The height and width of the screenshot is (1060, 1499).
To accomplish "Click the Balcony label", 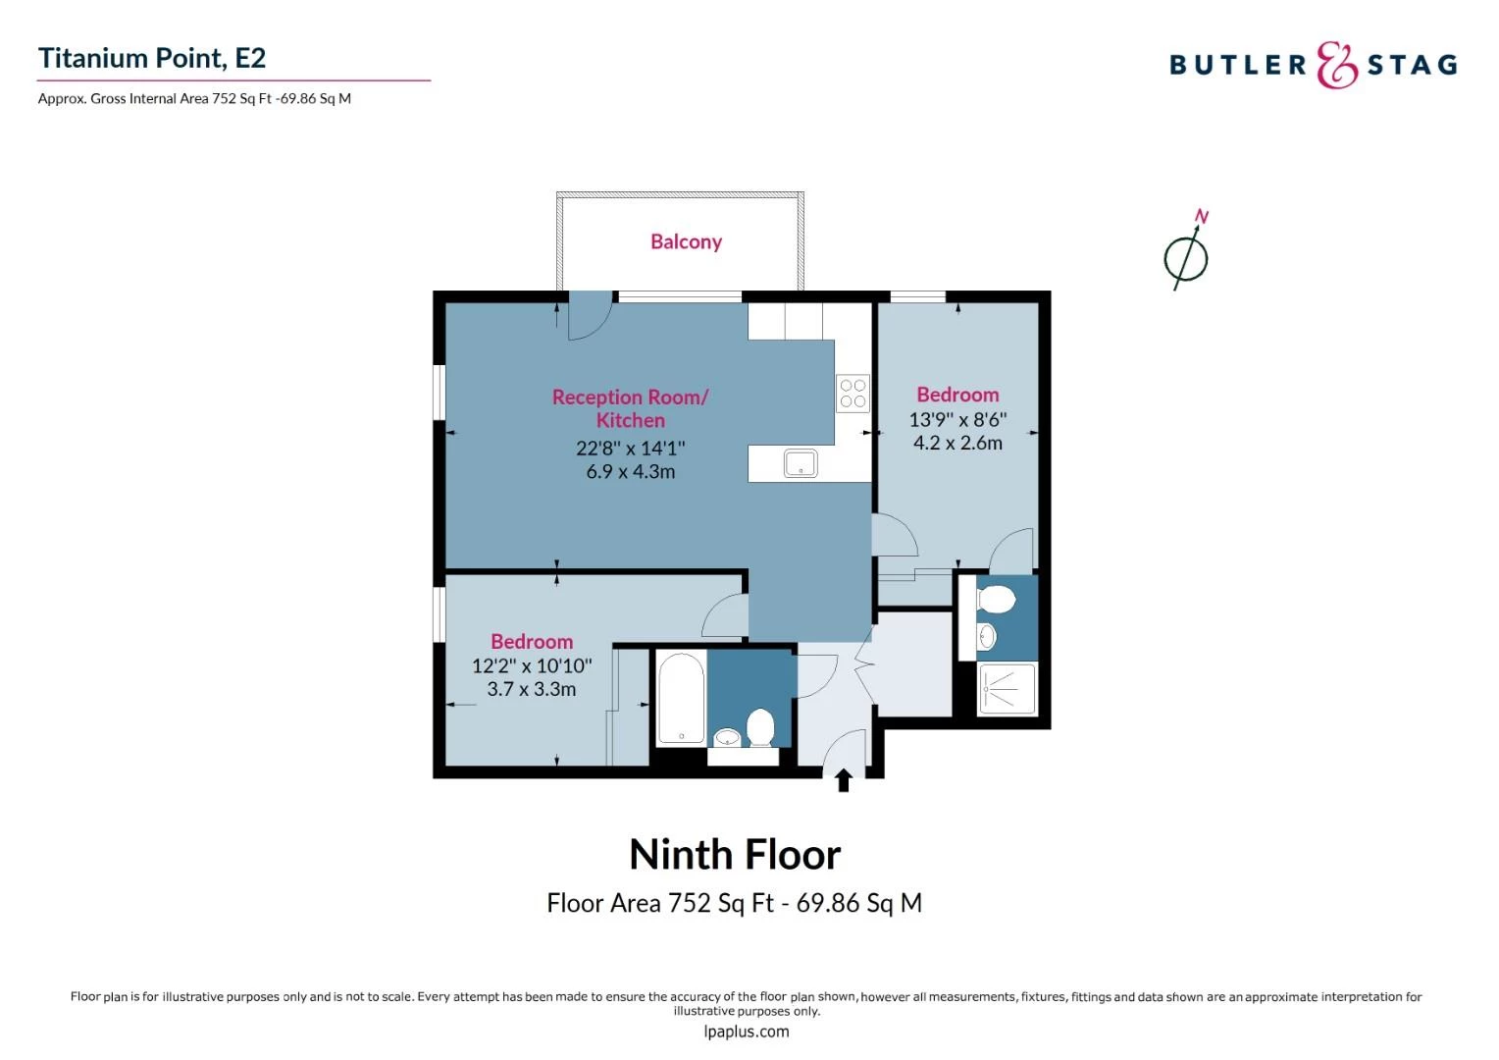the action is coord(686,241).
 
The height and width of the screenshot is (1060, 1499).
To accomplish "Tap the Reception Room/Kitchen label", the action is coord(631,408).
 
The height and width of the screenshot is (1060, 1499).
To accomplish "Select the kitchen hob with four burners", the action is coord(853,393).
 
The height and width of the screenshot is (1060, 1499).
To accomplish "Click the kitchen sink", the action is coord(801,463).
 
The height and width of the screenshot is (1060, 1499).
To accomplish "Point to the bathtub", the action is coord(681,698).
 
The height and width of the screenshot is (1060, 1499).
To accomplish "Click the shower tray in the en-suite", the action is coord(1008,688).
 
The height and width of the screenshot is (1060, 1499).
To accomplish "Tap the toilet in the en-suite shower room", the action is coord(997,600).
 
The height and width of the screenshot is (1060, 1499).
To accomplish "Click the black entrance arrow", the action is coord(844,780).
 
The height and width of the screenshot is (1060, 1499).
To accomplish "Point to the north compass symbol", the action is coord(1186,252).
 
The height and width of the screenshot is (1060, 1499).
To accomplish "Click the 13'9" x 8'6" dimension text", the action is coord(957,420).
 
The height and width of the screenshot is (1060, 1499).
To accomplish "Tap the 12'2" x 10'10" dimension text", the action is coord(532,666).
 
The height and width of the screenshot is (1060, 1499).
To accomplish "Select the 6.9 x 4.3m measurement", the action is coord(631,471).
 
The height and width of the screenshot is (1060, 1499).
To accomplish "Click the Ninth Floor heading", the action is coord(735,855).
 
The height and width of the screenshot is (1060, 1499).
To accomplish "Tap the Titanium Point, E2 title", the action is coord(152,58).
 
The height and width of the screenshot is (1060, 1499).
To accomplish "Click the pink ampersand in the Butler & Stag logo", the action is coord(1336,65).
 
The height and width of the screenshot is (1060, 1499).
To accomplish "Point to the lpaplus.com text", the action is coord(747,1032).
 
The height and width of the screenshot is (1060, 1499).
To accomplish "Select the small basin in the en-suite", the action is coord(987,637).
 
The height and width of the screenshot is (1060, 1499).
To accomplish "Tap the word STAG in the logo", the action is coord(1412,65).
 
